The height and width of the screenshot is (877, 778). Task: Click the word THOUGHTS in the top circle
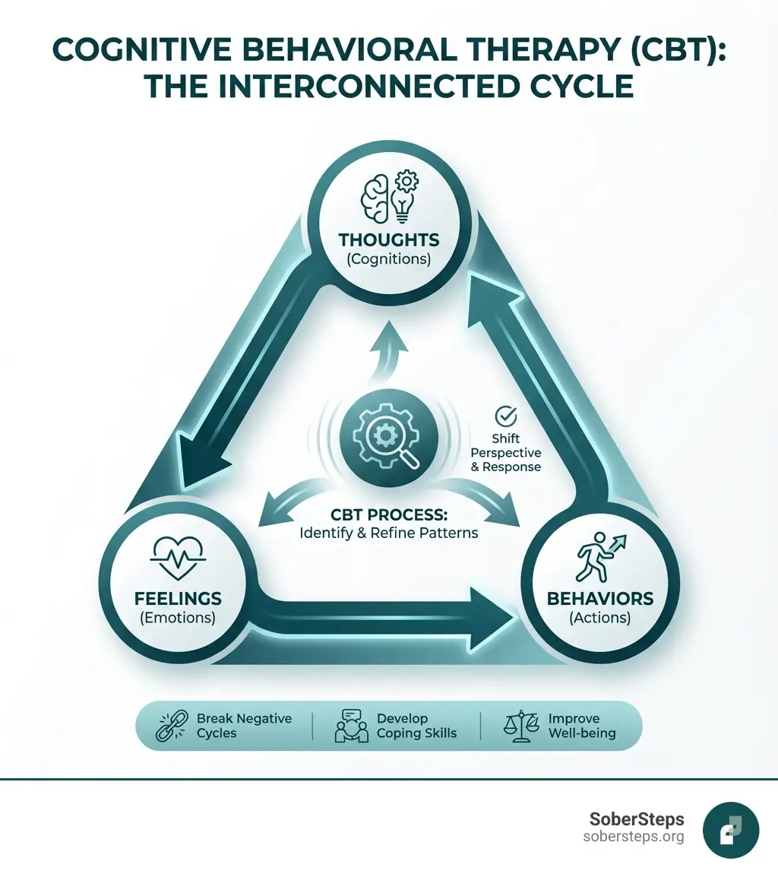pyautogui.click(x=389, y=239)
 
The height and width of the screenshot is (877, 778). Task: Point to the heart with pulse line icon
pyautogui.click(x=177, y=559)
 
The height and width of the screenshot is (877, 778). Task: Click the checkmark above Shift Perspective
pyautogui.click(x=505, y=416)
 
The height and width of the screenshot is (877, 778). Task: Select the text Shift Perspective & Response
pyautogui.click(x=506, y=453)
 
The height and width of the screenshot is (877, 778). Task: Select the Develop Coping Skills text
pyautogui.click(x=416, y=726)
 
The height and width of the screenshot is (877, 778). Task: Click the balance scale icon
pyautogui.click(x=520, y=726)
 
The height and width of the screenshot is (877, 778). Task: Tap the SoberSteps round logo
pyautogui.click(x=730, y=831)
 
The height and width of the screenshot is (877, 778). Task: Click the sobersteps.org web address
pyautogui.click(x=633, y=837)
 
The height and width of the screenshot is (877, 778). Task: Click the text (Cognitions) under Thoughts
pyautogui.click(x=389, y=259)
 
